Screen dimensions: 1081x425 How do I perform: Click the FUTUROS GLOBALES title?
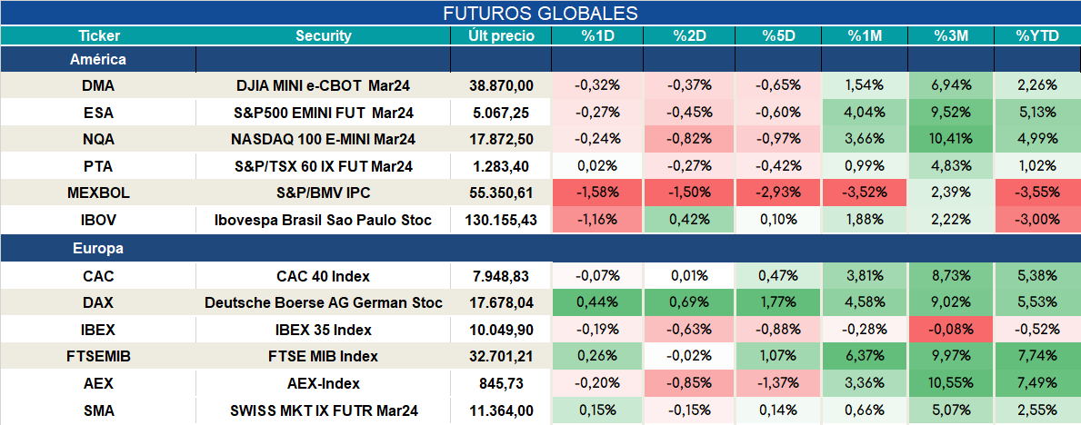point(540,13)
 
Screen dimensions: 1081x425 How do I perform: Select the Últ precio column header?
point(501,36)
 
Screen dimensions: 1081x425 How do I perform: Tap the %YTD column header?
point(1036,36)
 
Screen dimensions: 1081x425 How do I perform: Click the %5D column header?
point(778,36)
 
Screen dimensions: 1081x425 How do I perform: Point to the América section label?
point(98,60)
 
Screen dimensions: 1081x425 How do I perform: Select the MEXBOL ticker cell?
point(98,193)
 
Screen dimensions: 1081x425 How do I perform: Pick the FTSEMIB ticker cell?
point(98,357)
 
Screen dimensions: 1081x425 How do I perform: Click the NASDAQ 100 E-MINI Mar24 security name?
point(324,140)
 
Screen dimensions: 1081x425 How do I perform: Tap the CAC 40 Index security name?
point(324,277)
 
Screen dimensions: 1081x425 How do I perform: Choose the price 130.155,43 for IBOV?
point(501,221)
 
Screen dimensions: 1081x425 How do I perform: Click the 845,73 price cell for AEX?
point(501,383)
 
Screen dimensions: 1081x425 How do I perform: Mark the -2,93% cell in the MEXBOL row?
point(778,193)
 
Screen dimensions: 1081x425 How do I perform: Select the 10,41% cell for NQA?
point(951,140)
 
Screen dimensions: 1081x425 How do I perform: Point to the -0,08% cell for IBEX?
point(951,330)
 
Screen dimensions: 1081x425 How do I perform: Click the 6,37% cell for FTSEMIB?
point(865,357)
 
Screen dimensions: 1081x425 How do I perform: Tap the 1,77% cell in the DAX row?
point(778,302)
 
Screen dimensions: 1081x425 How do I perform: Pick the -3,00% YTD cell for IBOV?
point(1036,221)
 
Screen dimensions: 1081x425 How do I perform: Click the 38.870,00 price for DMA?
point(501,86)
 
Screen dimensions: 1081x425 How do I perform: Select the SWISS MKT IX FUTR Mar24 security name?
point(324,411)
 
